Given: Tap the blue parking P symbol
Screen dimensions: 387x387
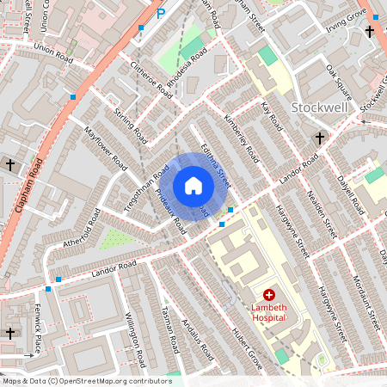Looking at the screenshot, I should tap(160, 13).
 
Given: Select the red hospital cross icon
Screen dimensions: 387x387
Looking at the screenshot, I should tap(268, 294).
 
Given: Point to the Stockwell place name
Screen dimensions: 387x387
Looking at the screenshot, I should tap(318, 108).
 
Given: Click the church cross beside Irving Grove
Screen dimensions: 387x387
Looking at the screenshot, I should tap(370, 32).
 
